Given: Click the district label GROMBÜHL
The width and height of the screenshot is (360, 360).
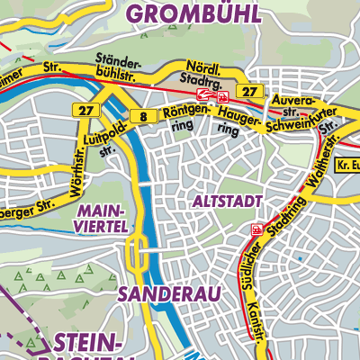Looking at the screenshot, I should coord(193,13).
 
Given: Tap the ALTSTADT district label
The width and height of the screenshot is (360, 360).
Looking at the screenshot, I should coord(226,202).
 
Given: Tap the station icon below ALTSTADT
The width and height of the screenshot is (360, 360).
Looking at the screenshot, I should coord(258,229).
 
